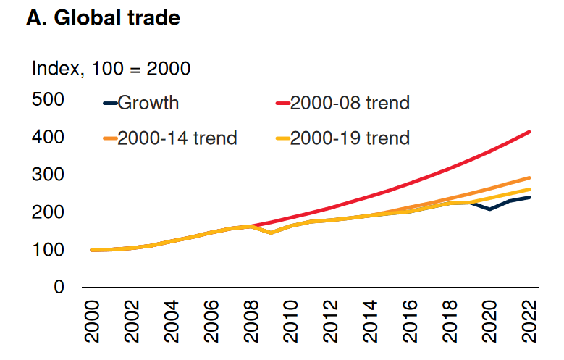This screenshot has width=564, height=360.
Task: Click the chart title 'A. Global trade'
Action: point(103,19)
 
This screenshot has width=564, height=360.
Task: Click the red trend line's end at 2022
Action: point(530,132)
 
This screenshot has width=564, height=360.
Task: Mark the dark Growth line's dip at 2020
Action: point(490,209)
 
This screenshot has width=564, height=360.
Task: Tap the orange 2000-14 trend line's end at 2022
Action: point(530,177)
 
